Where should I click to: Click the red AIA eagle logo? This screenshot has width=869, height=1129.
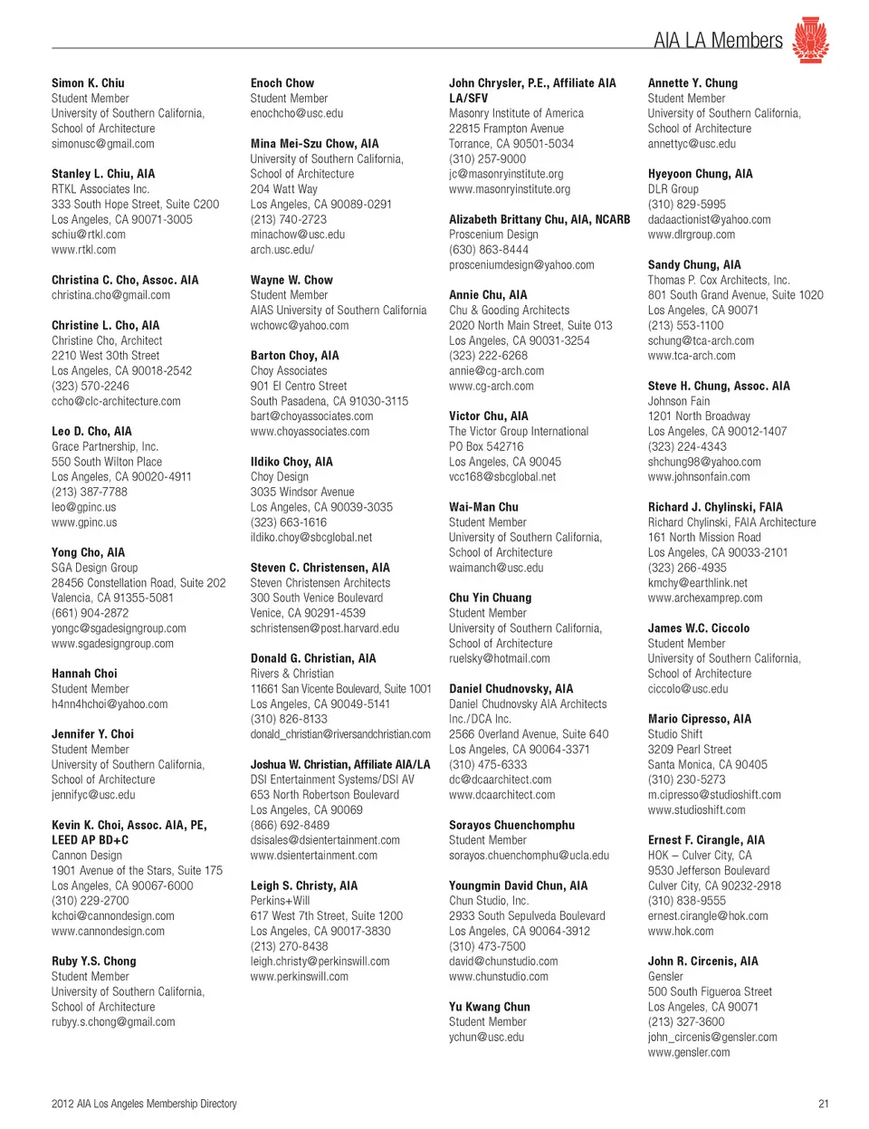(810, 39)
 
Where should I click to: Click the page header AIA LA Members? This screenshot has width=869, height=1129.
(718, 40)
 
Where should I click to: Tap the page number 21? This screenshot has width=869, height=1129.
(823, 1104)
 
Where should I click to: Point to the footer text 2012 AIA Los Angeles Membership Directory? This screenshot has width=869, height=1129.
(144, 1104)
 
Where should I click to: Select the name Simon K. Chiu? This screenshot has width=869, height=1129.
(88, 83)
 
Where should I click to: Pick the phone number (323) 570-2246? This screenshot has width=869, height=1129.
(91, 386)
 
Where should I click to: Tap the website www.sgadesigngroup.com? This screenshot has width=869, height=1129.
(112, 644)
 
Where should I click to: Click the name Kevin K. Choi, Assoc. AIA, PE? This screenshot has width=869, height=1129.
(129, 825)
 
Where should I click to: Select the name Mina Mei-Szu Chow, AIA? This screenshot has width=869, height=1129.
(314, 144)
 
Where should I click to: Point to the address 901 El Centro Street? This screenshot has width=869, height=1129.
(299, 386)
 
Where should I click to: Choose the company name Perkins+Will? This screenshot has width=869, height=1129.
(280, 901)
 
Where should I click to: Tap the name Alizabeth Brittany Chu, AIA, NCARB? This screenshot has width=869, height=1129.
(540, 219)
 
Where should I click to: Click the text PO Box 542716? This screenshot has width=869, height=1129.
(486, 446)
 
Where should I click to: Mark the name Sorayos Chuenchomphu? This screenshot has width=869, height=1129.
(511, 825)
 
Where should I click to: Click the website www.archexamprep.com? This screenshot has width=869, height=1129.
(705, 598)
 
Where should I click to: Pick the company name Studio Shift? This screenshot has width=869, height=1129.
(675, 734)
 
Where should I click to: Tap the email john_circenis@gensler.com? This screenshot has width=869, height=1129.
(712, 1037)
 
